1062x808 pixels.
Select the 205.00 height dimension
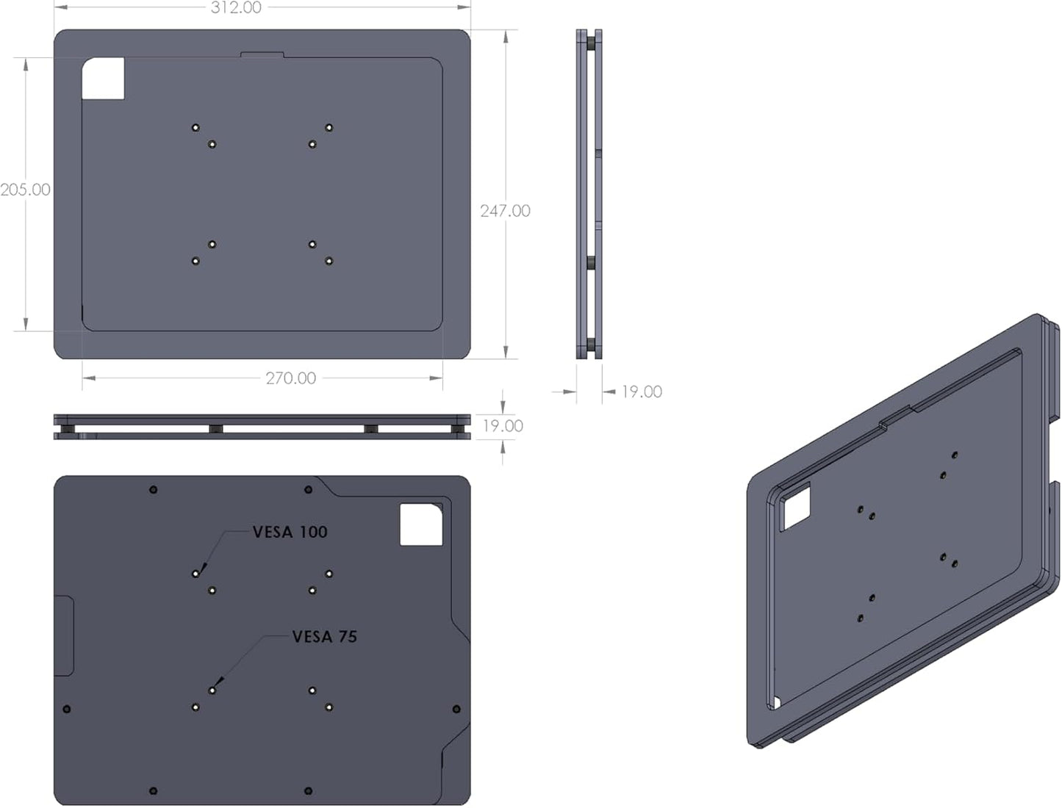point(25,190)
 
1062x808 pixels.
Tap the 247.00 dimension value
point(505,211)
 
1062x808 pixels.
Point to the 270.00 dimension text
point(290,378)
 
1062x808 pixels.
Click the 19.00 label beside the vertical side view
point(641,392)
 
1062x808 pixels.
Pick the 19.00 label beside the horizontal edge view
point(503,426)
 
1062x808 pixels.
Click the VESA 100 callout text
point(290,532)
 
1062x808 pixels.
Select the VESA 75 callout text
point(324,636)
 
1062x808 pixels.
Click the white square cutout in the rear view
point(421,524)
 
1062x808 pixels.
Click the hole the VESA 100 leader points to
point(195,574)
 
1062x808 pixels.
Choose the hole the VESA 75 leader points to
point(212,690)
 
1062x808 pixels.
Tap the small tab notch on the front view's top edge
point(262,54)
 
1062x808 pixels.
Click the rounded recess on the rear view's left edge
point(65,636)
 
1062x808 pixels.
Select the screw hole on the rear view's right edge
point(456,710)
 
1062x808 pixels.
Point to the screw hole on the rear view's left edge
point(68,710)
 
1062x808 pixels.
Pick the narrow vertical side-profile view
point(589,195)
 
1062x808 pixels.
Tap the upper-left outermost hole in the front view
point(195,128)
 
